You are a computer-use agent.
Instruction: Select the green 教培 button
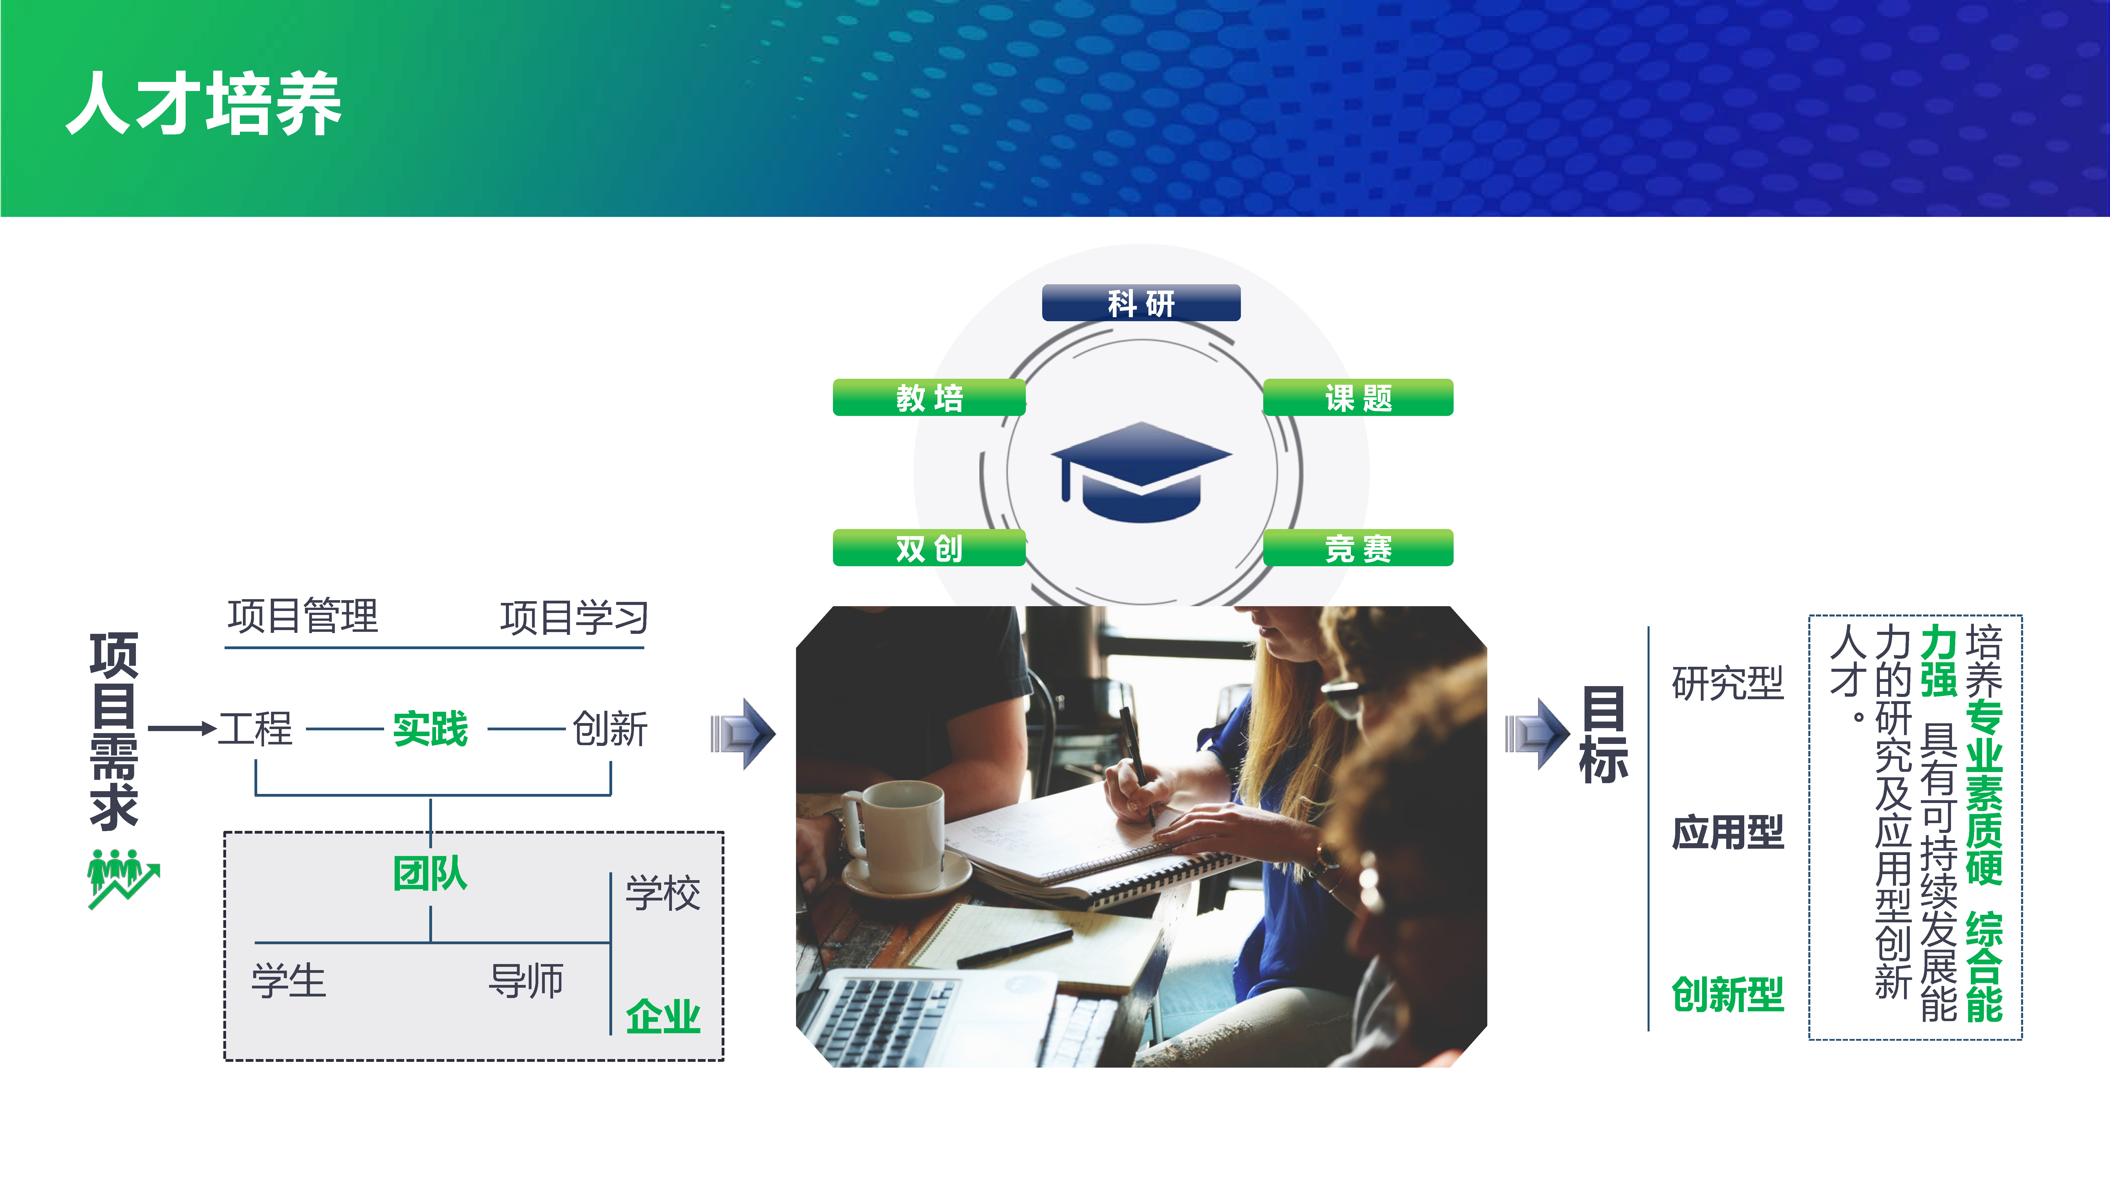click(x=929, y=398)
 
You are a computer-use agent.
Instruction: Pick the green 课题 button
click(x=1358, y=398)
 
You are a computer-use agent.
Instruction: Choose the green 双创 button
click(x=929, y=548)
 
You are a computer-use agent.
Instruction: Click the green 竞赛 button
click(x=1358, y=548)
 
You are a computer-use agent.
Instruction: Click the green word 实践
click(x=430, y=728)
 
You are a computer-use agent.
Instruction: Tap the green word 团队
click(x=430, y=873)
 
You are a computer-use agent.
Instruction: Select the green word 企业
click(x=663, y=1017)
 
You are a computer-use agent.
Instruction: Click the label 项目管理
click(x=303, y=616)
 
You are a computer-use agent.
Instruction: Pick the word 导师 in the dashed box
click(x=526, y=981)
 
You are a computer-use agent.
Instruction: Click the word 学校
click(x=663, y=893)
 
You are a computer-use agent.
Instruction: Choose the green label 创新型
click(x=1727, y=995)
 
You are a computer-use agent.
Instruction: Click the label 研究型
click(x=1727, y=683)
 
